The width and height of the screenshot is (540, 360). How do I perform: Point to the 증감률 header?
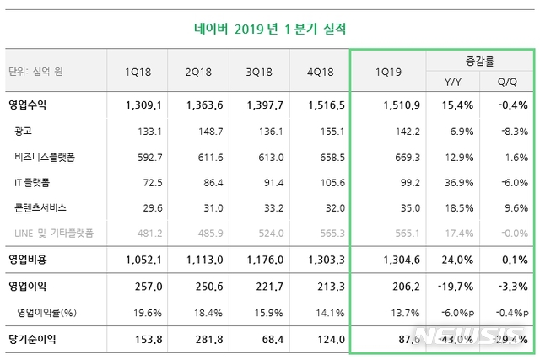[x=479, y=62]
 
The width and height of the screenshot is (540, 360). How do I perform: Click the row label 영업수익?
[x=33, y=105]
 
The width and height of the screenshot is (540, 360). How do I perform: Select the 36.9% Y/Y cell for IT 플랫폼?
[x=456, y=182]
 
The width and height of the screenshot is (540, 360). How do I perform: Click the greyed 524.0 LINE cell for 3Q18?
[x=263, y=233]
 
